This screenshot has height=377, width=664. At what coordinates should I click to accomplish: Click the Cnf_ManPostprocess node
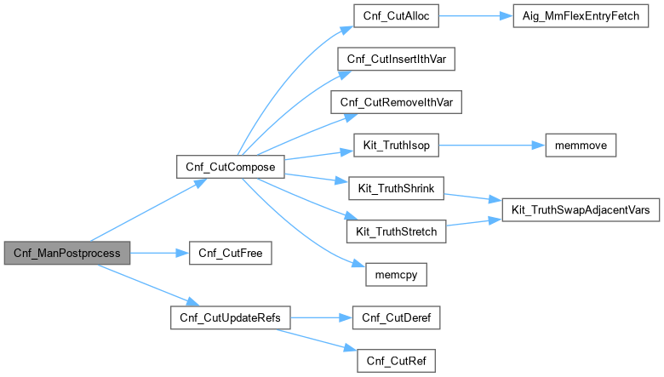click(67, 253)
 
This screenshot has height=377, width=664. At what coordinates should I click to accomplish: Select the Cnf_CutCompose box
click(229, 167)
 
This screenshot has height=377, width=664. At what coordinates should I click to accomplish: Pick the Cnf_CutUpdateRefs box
click(231, 318)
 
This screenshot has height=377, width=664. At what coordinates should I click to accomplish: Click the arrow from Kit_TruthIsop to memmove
click(489, 146)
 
